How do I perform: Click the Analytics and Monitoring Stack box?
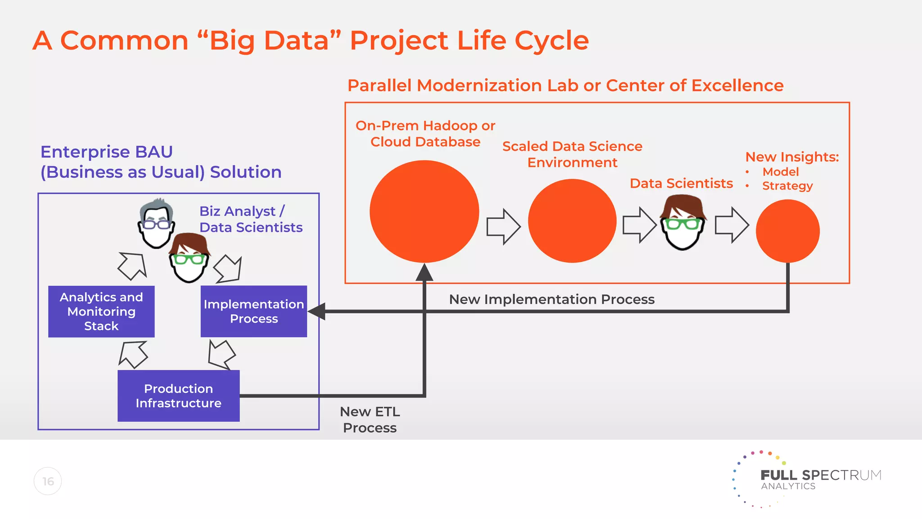101,311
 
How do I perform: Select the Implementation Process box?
254,311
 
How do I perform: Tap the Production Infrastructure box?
178,396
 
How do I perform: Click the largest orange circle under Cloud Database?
424,211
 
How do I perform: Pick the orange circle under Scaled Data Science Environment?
572,221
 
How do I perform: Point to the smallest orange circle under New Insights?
787,231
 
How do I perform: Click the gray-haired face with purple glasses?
156,223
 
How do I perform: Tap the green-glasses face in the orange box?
682,223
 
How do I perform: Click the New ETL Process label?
370,419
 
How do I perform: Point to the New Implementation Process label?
551,299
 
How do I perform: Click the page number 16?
48,481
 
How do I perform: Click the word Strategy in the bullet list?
787,186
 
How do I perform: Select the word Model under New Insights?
780,172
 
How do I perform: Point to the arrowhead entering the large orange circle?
424,273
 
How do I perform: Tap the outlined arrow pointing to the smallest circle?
732,225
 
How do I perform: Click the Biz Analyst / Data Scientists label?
250,219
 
